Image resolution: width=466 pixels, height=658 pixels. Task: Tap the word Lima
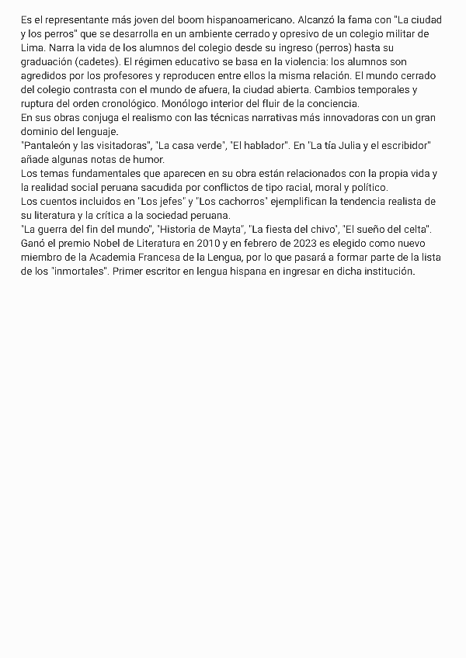(x=31, y=47)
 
